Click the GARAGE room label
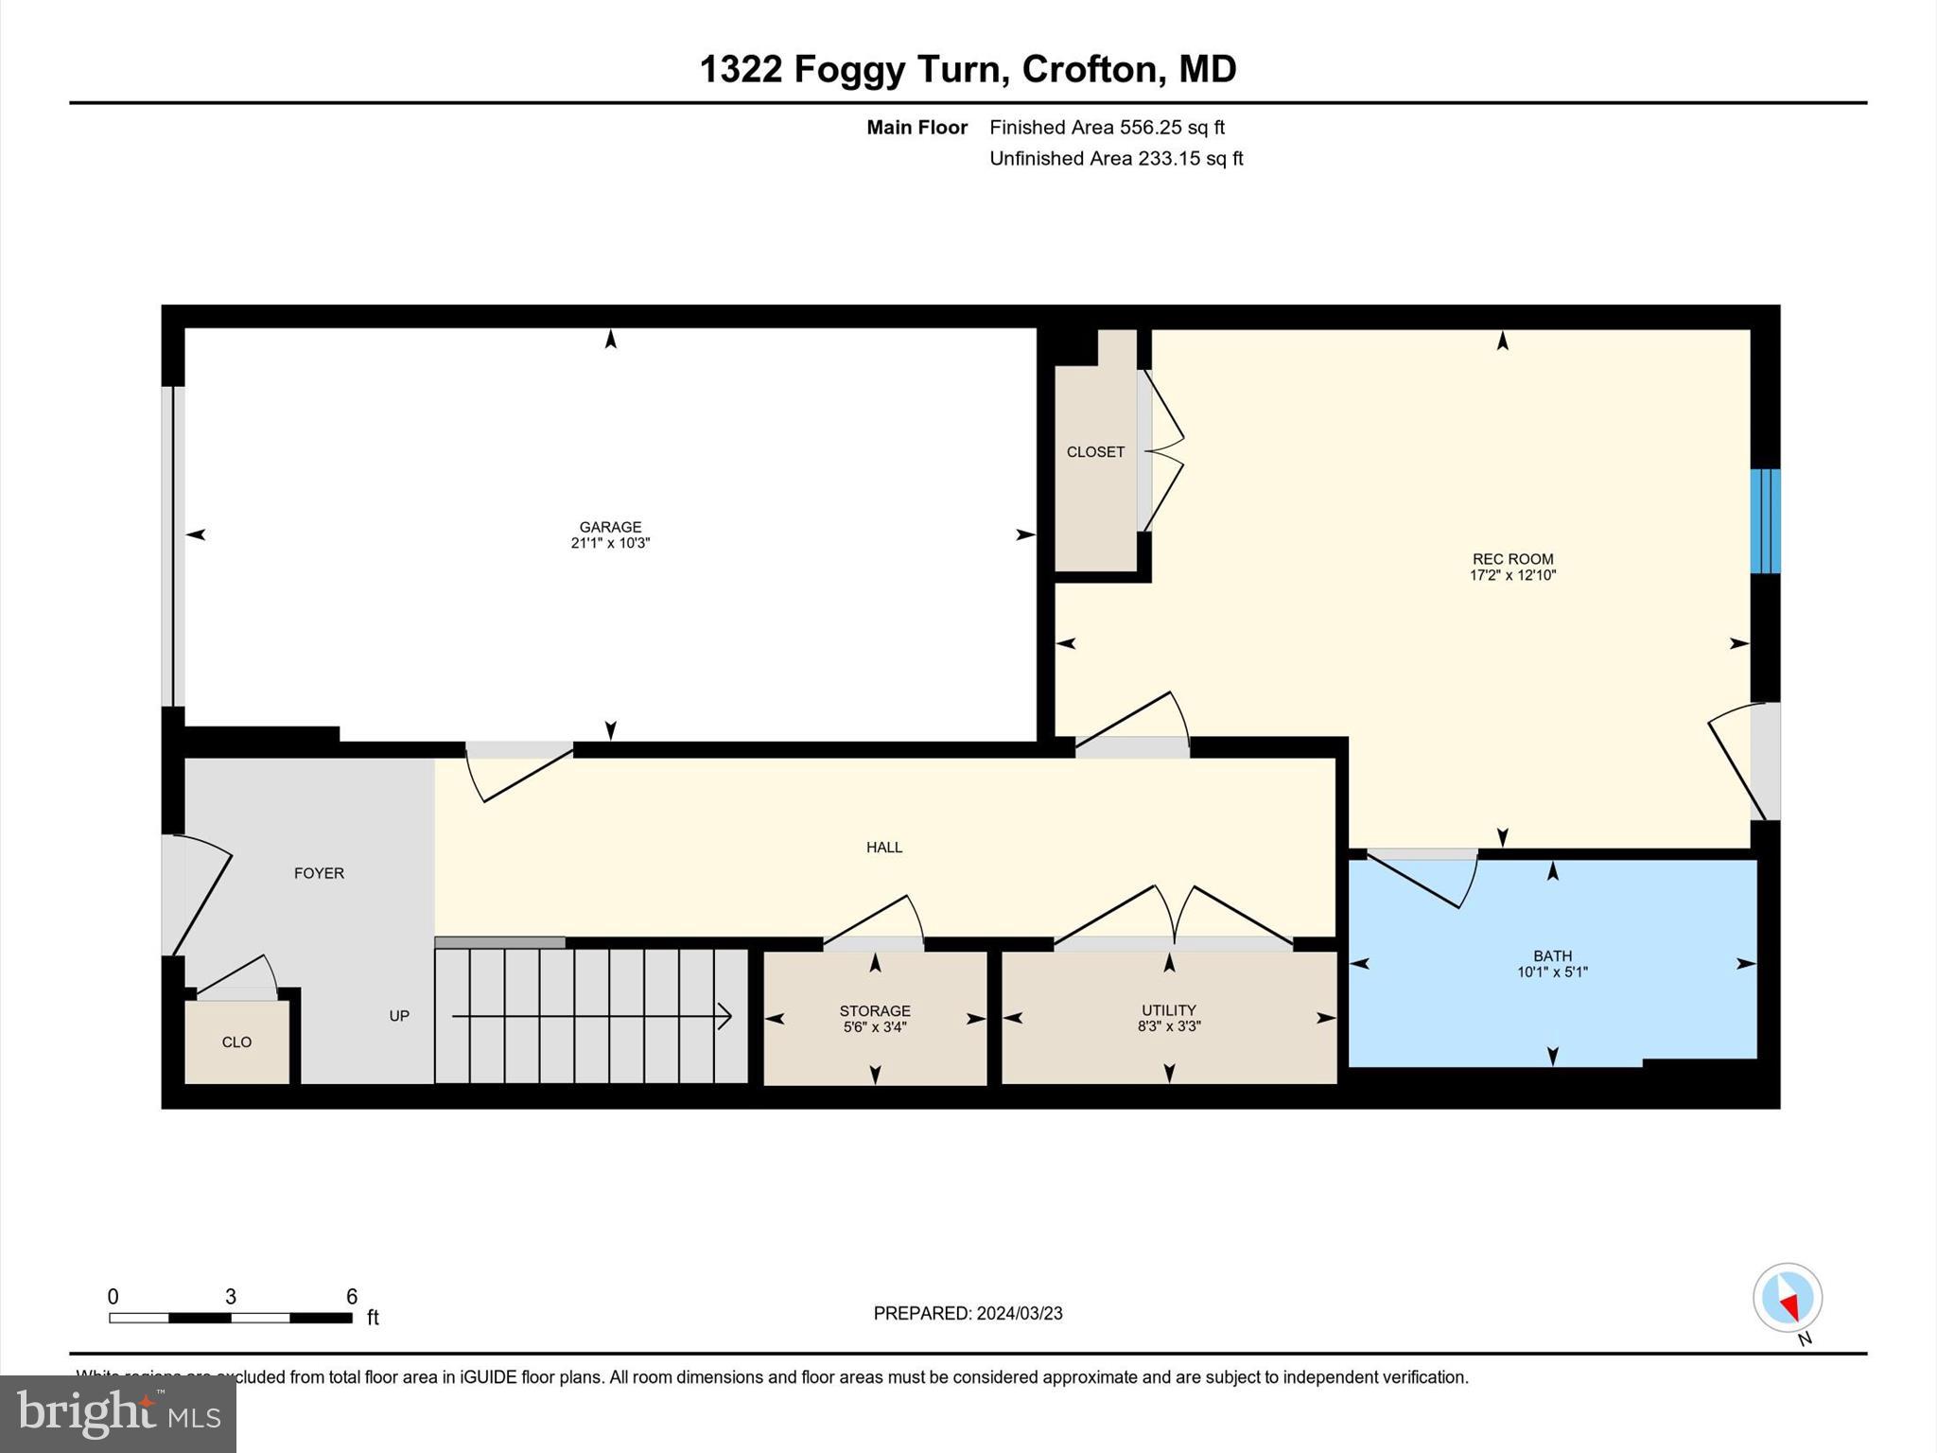click(x=610, y=527)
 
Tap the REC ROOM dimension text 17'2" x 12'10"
click(x=1512, y=575)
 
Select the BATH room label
click(x=1552, y=955)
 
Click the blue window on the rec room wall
click(x=1765, y=521)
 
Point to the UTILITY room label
click(x=1168, y=1009)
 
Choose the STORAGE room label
click(x=875, y=1010)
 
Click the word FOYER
click(x=319, y=873)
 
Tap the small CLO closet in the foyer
click(x=236, y=1042)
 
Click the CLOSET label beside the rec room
click(x=1095, y=452)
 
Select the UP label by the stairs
click(x=399, y=1016)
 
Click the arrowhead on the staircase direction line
click(x=726, y=1016)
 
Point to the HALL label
click(x=884, y=848)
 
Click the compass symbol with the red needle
click(x=1787, y=1298)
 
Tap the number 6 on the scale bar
click(x=352, y=1297)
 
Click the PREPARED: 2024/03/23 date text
click(x=968, y=1313)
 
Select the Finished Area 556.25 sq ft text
click(x=1107, y=127)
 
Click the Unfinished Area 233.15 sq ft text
click(x=1116, y=158)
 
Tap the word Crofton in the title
click(x=1089, y=69)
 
